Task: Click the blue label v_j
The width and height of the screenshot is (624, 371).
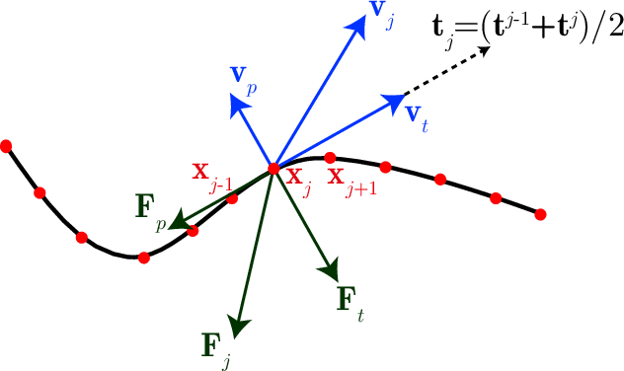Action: [x=381, y=14]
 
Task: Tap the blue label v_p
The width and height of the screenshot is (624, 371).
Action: [x=244, y=77]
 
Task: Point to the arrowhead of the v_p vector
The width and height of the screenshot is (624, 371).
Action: [x=235, y=99]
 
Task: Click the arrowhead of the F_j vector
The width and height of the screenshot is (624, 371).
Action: [x=235, y=324]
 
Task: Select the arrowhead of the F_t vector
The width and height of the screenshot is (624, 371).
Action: [x=331, y=268]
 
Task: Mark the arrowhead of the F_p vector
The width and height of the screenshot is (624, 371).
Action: [x=178, y=224]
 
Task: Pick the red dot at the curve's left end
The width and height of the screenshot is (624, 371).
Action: [x=6, y=146]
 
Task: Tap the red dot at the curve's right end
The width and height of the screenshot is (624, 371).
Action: [x=541, y=213]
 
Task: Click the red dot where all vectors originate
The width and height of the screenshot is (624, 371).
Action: [x=274, y=169]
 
